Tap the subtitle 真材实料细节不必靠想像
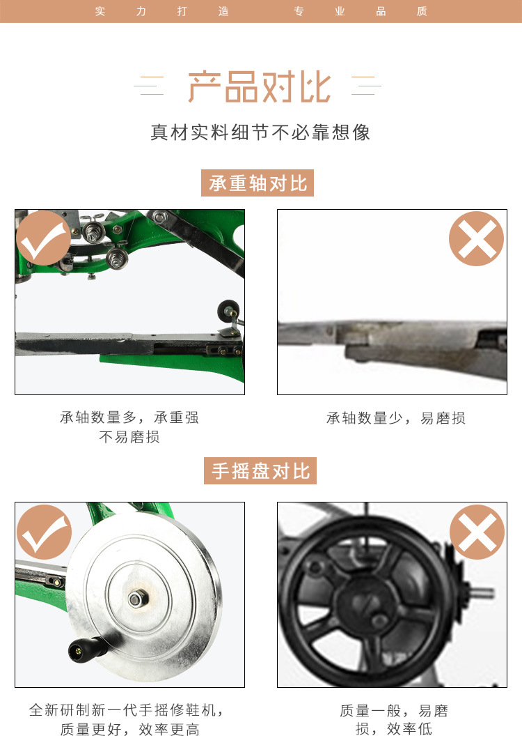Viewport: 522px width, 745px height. (x=260, y=132)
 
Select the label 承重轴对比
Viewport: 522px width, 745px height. (x=258, y=183)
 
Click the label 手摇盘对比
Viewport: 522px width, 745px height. (x=260, y=471)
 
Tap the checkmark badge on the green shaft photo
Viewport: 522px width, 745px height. (x=43, y=238)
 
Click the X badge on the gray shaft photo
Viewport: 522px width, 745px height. (x=477, y=238)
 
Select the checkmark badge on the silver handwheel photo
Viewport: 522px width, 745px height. (x=44, y=532)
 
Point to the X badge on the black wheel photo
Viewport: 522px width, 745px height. (x=477, y=532)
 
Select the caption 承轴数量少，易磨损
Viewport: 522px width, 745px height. (x=396, y=418)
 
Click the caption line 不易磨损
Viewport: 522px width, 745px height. (x=129, y=437)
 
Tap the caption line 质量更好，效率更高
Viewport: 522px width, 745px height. (x=129, y=730)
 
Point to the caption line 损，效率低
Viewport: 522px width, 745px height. (x=394, y=729)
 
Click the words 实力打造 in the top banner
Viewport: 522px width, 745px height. (x=161, y=11)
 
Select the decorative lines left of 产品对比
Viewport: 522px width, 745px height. (x=149, y=86)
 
